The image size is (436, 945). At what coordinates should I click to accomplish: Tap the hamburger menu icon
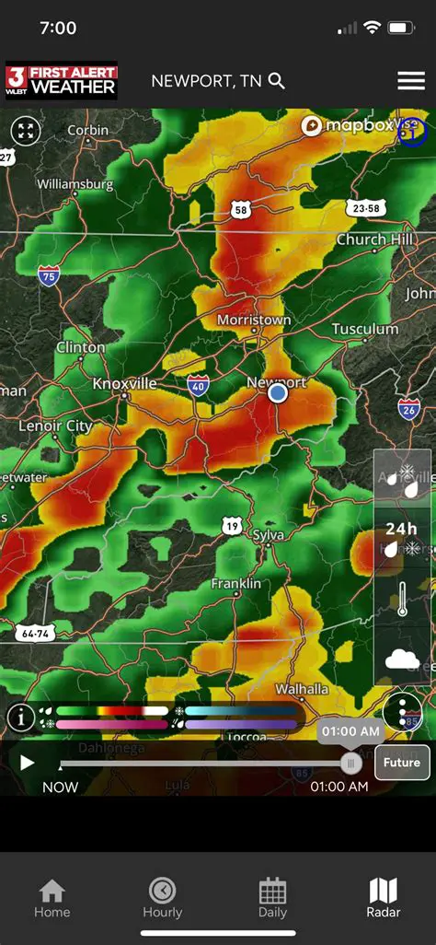411,81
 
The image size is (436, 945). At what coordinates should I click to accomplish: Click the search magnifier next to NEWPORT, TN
277,81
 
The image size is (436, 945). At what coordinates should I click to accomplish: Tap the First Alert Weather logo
62,81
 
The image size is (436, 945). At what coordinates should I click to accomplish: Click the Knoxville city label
124,383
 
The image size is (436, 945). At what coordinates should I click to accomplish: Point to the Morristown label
254,320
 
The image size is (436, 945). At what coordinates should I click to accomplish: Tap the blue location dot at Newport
278,393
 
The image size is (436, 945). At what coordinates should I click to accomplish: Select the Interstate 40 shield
198,385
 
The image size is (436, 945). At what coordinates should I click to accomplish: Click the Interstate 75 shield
50,274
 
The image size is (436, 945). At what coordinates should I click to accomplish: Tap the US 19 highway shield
232,526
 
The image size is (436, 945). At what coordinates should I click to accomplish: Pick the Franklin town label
235,584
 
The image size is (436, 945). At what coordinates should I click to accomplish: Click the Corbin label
87,130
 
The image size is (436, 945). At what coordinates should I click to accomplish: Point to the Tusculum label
365,329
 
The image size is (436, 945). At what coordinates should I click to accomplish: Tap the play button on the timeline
27,762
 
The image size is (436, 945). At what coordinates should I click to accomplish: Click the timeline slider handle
350,762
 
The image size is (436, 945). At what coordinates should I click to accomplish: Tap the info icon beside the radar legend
21,717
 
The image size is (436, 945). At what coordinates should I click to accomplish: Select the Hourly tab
162,898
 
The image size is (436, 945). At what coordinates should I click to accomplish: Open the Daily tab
272,898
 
